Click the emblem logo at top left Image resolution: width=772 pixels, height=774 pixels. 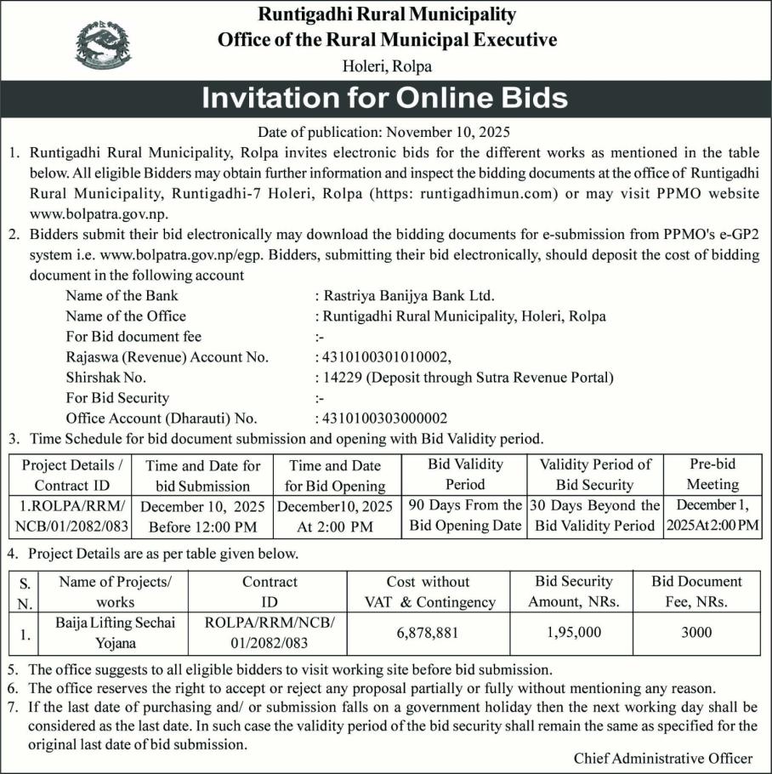pos(104,44)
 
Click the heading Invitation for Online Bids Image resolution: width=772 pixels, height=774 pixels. pos(384,98)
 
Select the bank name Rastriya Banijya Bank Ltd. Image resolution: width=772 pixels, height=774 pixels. pos(404,296)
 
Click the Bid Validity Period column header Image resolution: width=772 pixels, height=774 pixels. pos(465,475)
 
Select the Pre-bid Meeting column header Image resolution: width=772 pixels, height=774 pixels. pos(712,475)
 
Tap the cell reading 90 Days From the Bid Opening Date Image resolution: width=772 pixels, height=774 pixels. pos(465,515)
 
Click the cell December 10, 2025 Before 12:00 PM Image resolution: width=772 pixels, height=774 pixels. pos(202,516)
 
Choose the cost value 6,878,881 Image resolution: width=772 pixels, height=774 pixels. pos(428,633)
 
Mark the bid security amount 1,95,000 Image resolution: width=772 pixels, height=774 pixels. pos(571,633)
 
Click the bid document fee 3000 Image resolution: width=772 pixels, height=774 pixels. pos(696,633)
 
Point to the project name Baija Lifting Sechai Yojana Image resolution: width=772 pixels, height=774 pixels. pos(116,633)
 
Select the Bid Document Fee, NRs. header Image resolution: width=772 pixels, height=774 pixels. pos(696,592)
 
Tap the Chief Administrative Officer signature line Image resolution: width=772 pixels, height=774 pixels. pos(662,758)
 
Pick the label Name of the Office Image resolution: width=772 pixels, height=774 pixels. pos(126,316)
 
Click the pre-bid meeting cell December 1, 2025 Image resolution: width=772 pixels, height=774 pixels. pos(712,515)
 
